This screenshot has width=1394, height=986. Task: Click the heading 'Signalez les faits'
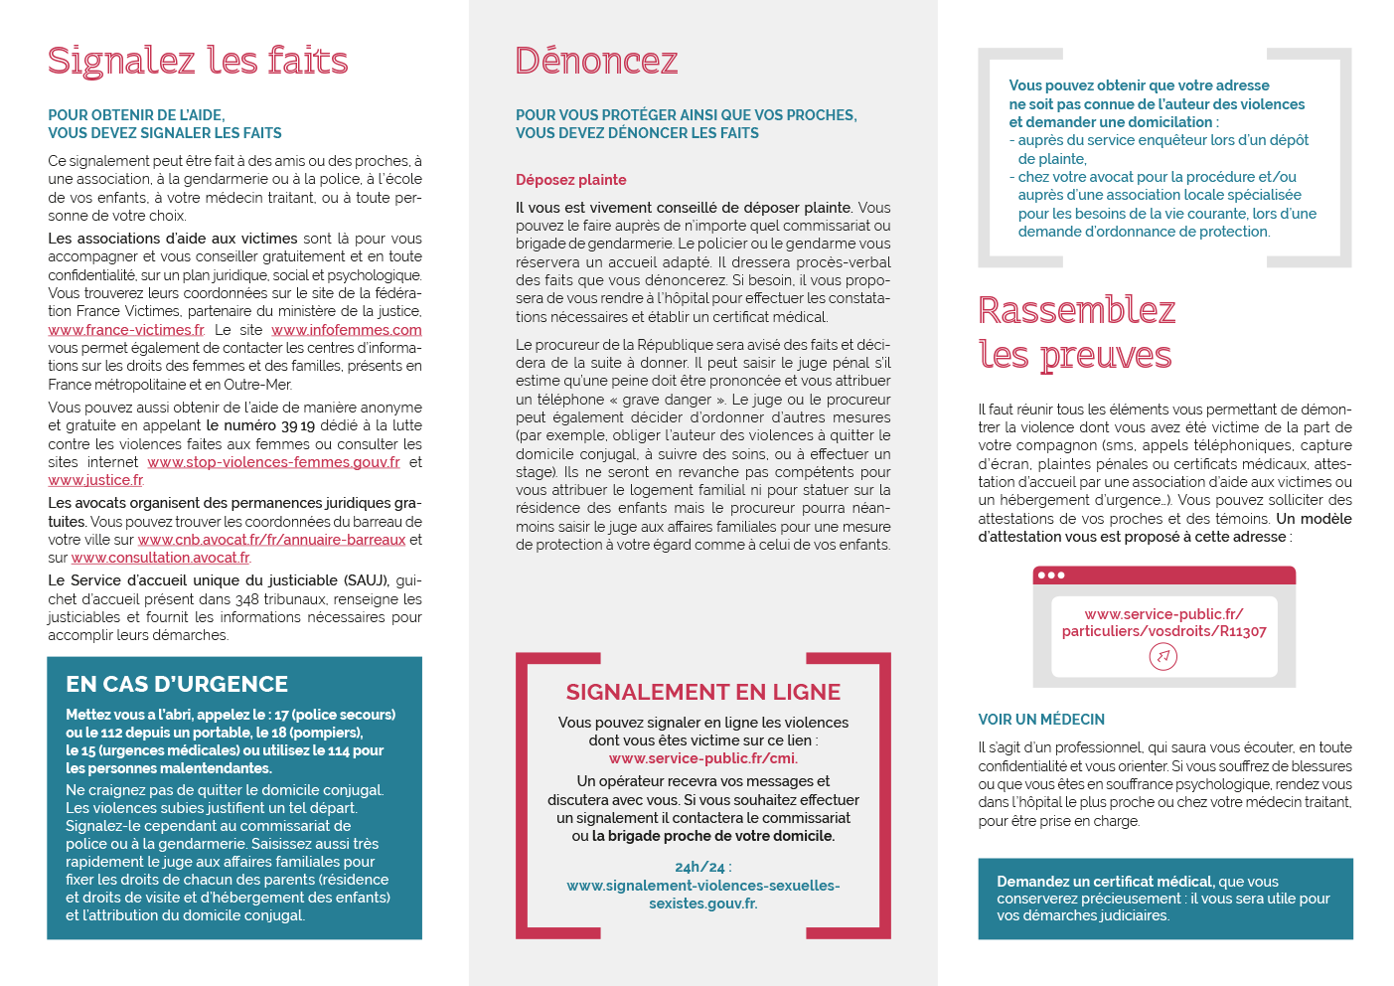[x=198, y=62]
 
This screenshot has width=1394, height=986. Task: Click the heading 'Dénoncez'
[x=596, y=62]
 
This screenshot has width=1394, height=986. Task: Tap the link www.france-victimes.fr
[x=126, y=330]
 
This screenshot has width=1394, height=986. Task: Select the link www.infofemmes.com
[x=346, y=330]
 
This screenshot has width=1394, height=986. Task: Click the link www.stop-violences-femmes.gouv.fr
[x=273, y=462]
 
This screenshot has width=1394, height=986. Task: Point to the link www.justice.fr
[x=95, y=481]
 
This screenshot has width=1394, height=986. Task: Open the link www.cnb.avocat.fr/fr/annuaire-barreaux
[x=271, y=540]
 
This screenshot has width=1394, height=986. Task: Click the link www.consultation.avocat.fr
[x=160, y=558]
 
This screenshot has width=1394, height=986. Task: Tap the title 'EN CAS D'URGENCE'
[x=177, y=684]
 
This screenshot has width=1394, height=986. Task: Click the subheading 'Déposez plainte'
[x=570, y=180]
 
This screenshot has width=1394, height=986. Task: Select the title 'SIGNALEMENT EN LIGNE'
[x=702, y=692]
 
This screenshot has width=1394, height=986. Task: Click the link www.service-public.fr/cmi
[x=702, y=758]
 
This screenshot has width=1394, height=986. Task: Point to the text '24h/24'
[x=699, y=867]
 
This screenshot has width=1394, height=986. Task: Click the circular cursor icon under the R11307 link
[x=1162, y=656]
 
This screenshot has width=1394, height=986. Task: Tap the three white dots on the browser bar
[x=1050, y=575]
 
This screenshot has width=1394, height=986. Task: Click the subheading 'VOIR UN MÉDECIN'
[x=1040, y=720]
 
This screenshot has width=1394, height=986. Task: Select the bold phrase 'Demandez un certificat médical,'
[x=1105, y=882]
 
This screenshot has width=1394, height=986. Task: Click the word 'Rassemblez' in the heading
[x=1076, y=310]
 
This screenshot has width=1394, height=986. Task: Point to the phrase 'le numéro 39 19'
[x=260, y=425]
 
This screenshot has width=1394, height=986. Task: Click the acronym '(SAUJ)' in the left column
[x=367, y=580]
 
